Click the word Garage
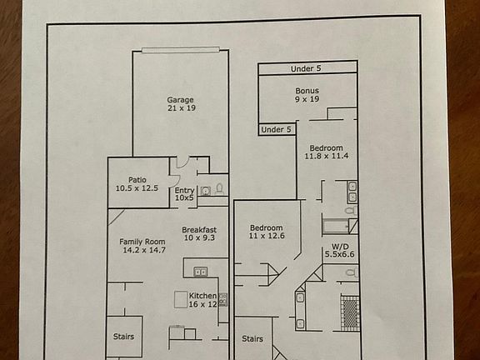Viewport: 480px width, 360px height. point(181,99)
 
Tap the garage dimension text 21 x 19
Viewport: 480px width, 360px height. point(181,108)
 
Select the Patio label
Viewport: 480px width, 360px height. point(137,179)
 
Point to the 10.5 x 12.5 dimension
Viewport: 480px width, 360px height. point(137,188)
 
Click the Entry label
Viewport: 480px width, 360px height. point(184,191)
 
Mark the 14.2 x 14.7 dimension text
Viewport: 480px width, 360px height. point(143,249)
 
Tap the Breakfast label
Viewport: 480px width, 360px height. point(199,230)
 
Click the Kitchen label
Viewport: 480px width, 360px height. point(202,296)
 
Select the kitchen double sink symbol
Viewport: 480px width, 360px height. point(201,272)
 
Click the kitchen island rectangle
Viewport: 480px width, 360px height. point(181,299)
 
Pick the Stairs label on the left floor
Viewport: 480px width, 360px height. point(123,337)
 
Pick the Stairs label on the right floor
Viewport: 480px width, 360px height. point(252,339)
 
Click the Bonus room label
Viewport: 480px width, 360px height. point(307,90)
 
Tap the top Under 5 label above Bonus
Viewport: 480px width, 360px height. point(307,68)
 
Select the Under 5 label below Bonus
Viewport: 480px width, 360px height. point(277,129)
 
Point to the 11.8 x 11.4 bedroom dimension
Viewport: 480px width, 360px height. point(326,156)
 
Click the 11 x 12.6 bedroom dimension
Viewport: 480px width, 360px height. point(266,237)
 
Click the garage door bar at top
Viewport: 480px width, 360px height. point(181,50)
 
